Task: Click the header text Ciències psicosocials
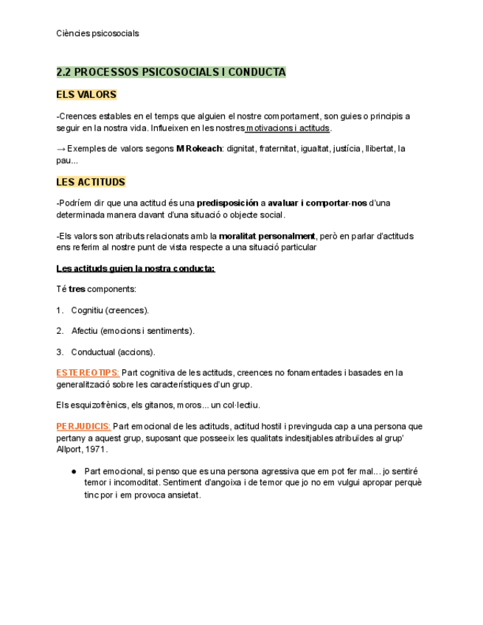pos(97,33)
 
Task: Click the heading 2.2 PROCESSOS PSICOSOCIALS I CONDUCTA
pos(171,72)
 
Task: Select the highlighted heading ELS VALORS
pos(86,94)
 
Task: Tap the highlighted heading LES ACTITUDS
pos(91,182)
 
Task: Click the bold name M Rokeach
pos(198,149)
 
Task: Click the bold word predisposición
pos(227,203)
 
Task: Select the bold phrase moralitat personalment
pos(267,237)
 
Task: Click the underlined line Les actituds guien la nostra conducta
pos(136,268)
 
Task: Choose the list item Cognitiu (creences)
pos(110,310)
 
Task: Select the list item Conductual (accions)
pos(113,352)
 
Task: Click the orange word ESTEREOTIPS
pos(88,373)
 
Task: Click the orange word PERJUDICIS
pos(83,426)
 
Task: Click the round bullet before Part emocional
pos(74,471)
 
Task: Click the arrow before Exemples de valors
pos(60,149)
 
